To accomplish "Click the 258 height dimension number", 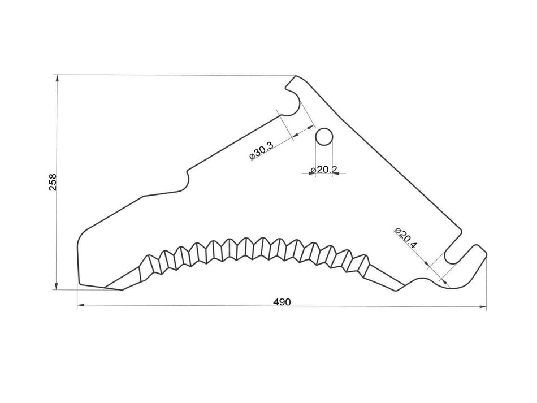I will pos(53,182).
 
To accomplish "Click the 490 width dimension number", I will pos(282,302).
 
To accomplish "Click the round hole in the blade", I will pos(324,137).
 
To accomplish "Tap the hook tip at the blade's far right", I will pos(486,253).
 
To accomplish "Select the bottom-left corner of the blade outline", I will pos(80,284).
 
